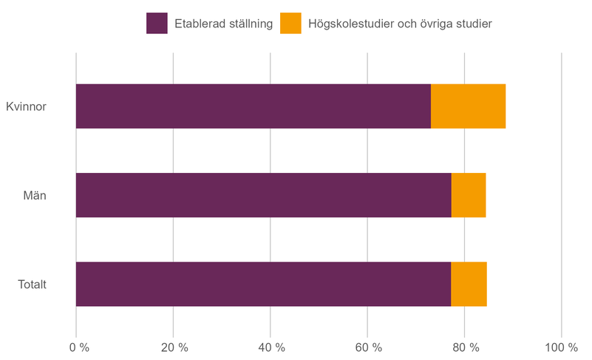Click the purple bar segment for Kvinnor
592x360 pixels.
click(x=253, y=106)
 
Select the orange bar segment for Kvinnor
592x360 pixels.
click(x=468, y=106)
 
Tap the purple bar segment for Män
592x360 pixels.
click(x=263, y=195)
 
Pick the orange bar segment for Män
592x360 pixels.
click(x=469, y=195)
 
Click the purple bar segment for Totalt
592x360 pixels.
click(x=263, y=284)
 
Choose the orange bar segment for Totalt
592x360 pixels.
click(x=469, y=284)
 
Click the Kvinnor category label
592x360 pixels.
click(x=26, y=106)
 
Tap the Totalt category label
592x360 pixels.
click(x=32, y=284)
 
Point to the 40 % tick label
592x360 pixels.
click(x=271, y=347)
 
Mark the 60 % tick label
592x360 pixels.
click(x=367, y=347)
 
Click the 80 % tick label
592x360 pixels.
click(x=464, y=347)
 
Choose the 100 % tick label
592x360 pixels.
click(x=561, y=347)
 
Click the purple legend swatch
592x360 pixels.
click(x=157, y=24)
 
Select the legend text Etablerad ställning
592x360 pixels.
click(x=224, y=24)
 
